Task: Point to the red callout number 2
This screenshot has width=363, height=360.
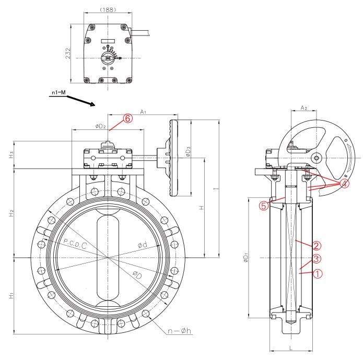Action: [317, 245]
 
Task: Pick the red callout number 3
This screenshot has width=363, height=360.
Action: [317, 259]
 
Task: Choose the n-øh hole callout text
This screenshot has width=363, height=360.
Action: [174, 330]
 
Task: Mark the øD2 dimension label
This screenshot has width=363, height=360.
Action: [101, 126]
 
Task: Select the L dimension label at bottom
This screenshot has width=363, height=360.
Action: [291, 345]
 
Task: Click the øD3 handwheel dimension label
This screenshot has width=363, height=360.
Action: [188, 151]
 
